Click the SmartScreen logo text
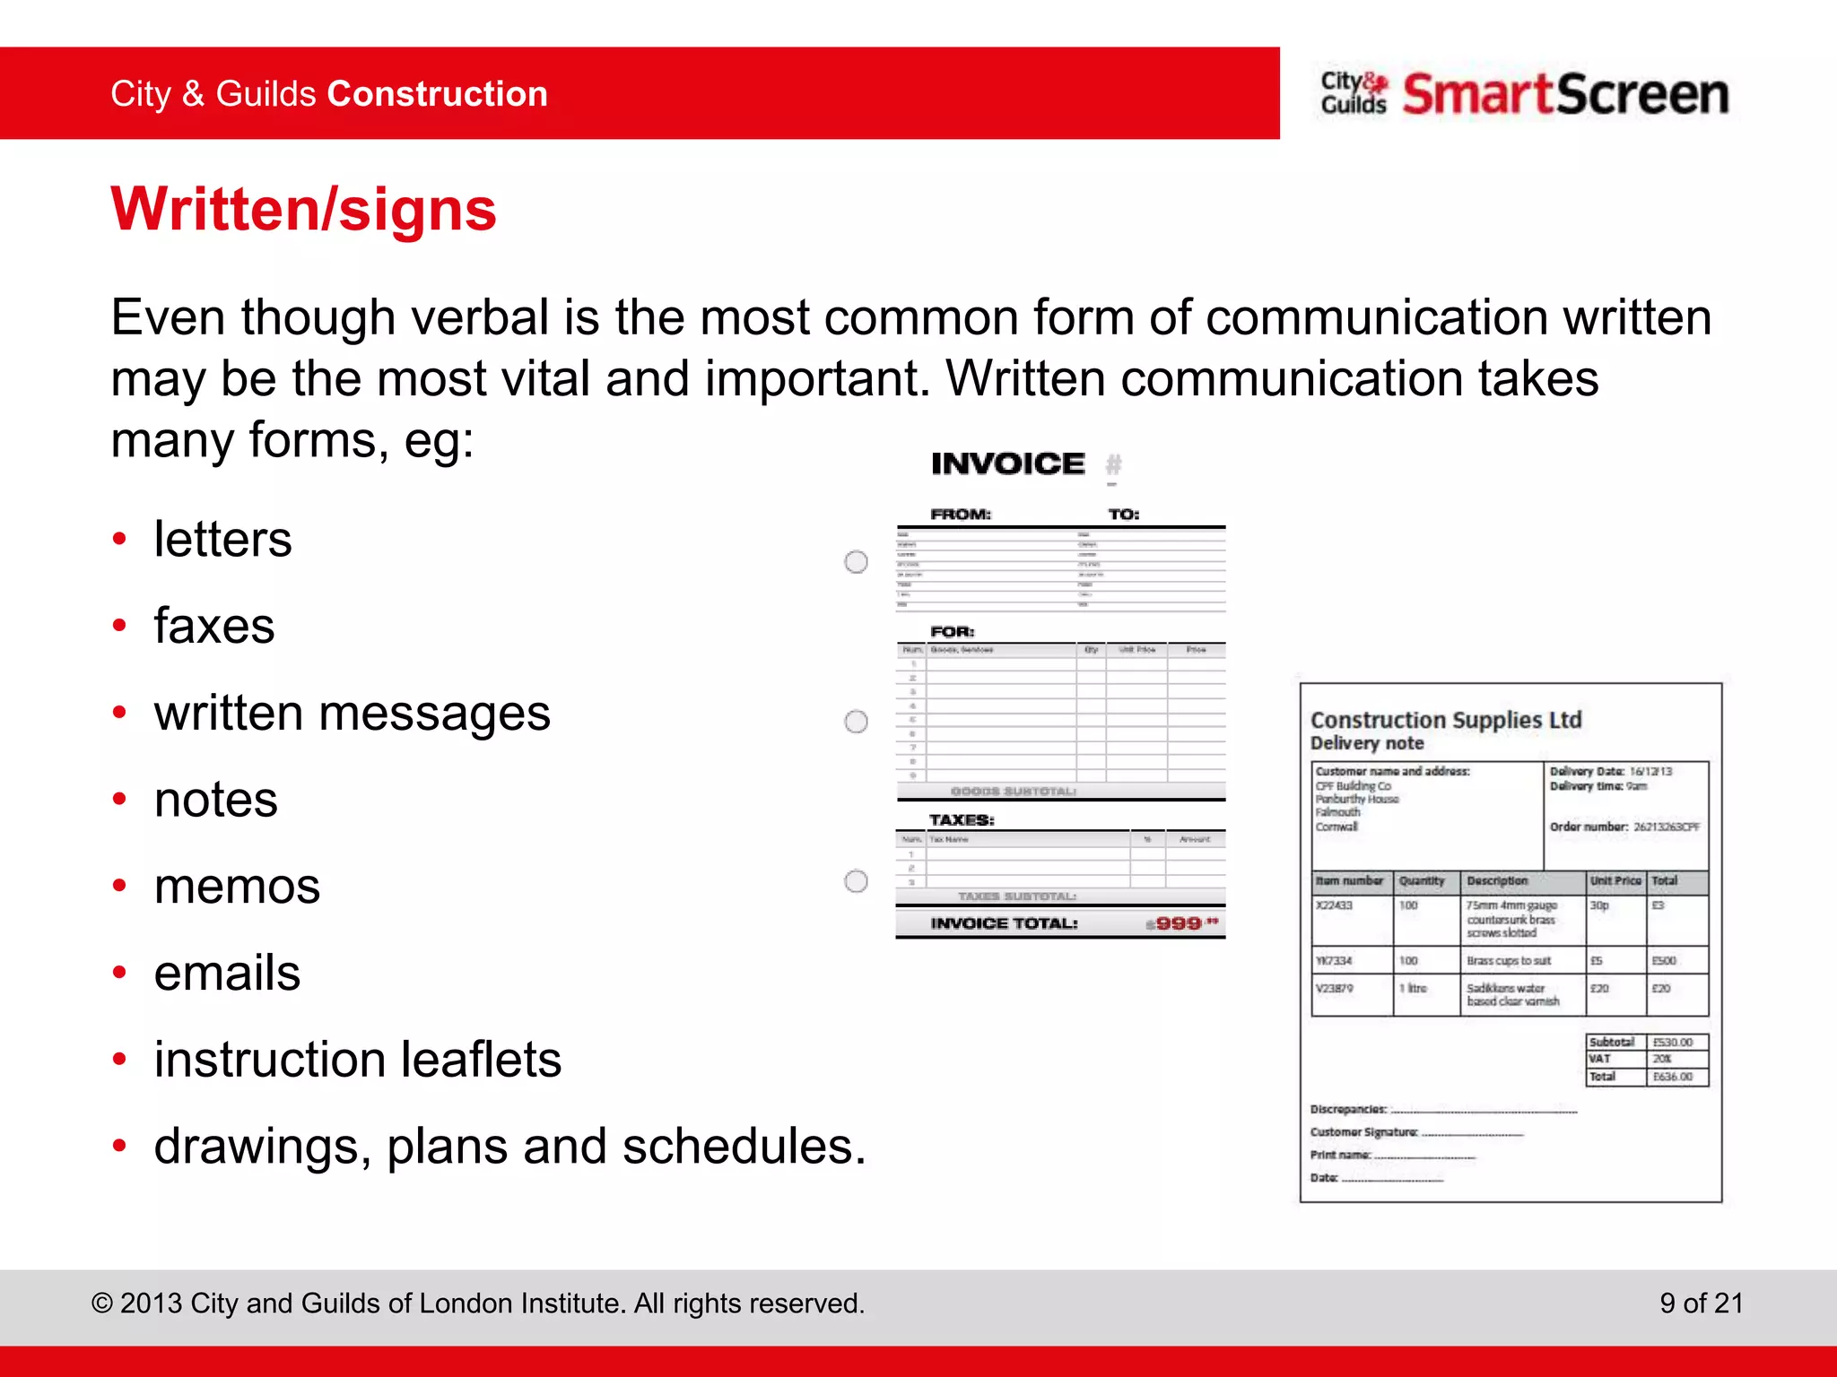coord(1564,94)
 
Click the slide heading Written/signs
coord(303,209)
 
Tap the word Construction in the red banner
coord(437,94)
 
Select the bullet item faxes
coord(213,626)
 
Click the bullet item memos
coord(237,887)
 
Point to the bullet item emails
coord(227,973)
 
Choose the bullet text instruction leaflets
coord(357,1060)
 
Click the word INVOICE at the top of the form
coord(1007,463)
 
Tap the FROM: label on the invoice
coord(960,515)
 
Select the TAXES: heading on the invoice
coord(961,820)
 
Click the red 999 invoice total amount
coord(1178,923)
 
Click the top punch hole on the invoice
coord(857,562)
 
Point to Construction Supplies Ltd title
coord(1445,720)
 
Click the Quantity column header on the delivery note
coord(1422,881)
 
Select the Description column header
coord(1496,881)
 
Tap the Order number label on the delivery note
coord(1588,827)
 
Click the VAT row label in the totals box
coord(1600,1059)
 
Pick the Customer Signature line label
coord(1363,1132)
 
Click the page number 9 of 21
coord(1701,1303)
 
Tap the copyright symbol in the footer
coord(101,1303)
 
